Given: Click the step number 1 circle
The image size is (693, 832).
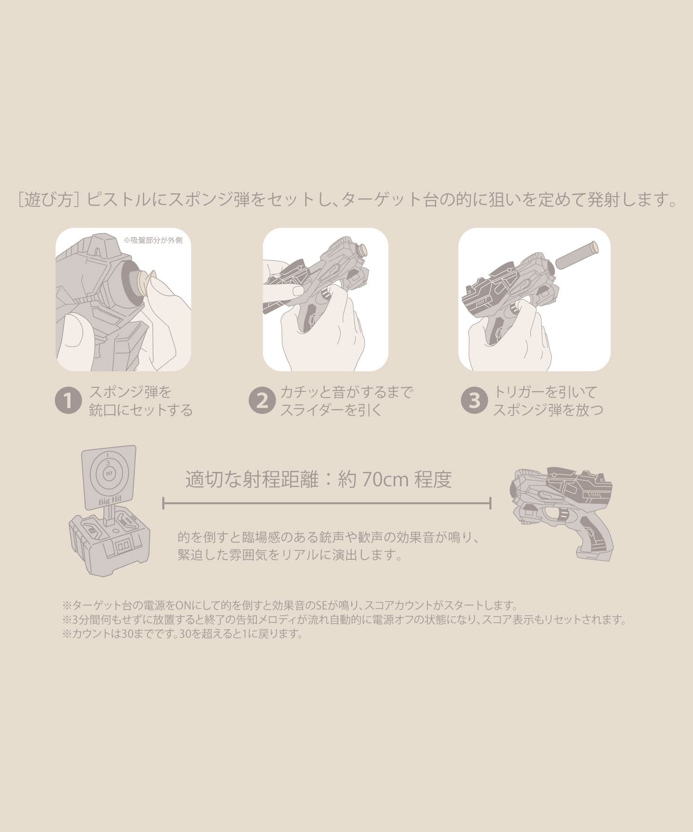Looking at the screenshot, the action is [68, 401].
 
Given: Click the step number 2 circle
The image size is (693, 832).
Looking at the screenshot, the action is [262, 401].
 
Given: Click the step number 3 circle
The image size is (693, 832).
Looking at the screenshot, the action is [474, 401].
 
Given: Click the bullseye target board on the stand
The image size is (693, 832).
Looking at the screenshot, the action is [108, 477].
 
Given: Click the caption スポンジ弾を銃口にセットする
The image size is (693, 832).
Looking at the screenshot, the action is [141, 401].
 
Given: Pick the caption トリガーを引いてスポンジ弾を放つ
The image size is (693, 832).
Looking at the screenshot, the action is [548, 401].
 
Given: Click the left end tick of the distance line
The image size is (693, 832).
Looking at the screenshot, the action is [164, 503].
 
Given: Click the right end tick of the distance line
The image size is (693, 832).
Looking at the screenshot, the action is [490, 503].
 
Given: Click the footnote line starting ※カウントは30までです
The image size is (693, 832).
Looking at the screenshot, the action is [182, 634].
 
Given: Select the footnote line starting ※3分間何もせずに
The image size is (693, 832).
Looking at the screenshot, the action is [344, 620].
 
